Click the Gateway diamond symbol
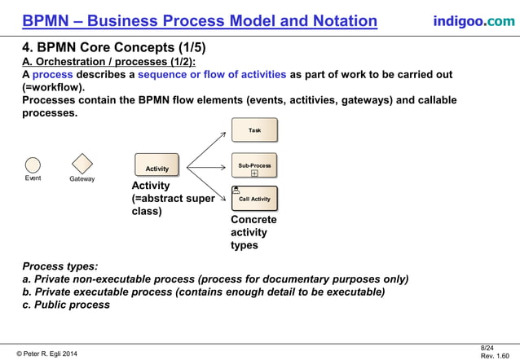tap(82, 163)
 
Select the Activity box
tap(156, 165)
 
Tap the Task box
tap(254, 130)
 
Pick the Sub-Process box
tap(254, 165)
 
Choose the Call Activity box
tap(254, 198)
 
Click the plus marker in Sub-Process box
tap(254, 173)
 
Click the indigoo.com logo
tap(473, 20)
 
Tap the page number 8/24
tap(488, 348)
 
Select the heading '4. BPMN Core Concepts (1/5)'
tap(104, 47)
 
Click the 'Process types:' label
tap(60, 266)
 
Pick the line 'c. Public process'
tap(66, 305)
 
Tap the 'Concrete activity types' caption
tap(253, 232)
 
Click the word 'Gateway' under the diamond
tap(82, 178)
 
